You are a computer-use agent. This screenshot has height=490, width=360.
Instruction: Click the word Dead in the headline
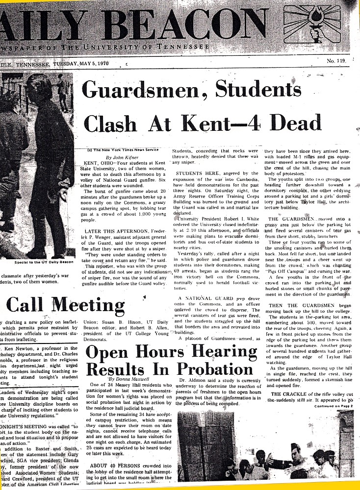(293, 120)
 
